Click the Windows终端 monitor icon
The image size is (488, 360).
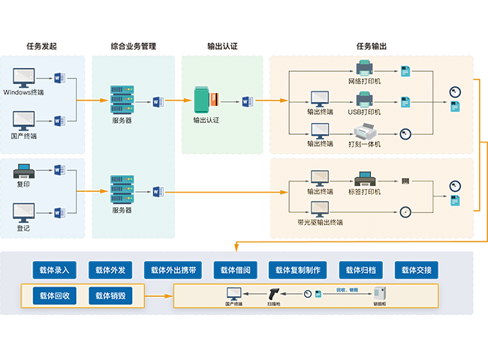(x=25, y=77)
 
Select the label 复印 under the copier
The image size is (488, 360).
(x=23, y=184)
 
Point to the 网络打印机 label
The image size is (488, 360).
(x=364, y=80)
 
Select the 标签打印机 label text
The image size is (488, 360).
(x=364, y=192)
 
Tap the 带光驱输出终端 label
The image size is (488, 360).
(x=321, y=223)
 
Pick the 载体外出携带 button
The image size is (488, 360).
(x=174, y=271)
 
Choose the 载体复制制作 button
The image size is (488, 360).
(x=298, y=271)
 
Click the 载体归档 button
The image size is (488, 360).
(x=360, y=271)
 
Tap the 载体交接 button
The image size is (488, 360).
(x=416, y=271)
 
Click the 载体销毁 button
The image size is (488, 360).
(x=110, y=295)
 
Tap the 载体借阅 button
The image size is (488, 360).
(x=236, y=271)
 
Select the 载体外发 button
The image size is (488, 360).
(x=110, y=271)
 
